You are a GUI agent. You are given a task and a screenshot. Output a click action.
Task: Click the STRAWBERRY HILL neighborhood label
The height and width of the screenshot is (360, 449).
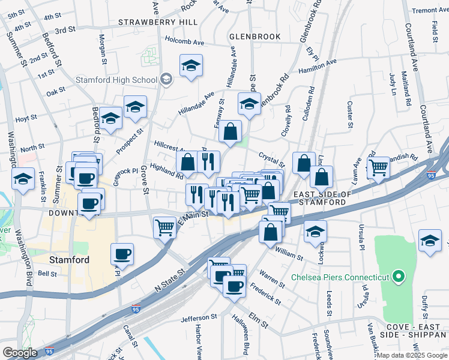[x=158, y=22]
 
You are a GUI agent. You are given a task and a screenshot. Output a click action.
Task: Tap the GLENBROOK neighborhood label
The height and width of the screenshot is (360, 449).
[x=255, y=37]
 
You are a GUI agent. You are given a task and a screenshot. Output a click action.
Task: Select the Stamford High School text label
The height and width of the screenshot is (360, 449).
[x=116, y=80]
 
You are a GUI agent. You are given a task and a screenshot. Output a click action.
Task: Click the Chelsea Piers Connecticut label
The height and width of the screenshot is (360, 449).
[x=340, y=277]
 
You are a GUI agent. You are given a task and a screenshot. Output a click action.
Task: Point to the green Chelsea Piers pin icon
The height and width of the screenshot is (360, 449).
[x=398, y=277]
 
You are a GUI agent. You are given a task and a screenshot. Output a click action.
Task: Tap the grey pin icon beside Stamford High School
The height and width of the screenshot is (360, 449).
[x=166, y=79]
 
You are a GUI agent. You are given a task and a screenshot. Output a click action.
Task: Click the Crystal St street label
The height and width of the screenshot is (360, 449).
[x=271, y=158]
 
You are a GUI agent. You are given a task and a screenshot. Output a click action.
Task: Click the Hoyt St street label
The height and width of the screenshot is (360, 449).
[x=26, y=119]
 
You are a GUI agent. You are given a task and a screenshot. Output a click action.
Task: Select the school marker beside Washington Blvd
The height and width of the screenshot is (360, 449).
[x=23, y=179]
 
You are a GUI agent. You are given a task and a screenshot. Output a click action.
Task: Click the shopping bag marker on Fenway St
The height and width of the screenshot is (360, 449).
[x=230, y=131]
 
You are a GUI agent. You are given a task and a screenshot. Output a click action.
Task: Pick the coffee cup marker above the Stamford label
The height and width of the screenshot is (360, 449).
[x=122, y=254]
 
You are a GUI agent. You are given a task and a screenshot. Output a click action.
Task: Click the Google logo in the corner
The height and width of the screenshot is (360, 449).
[x=20, y=353]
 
